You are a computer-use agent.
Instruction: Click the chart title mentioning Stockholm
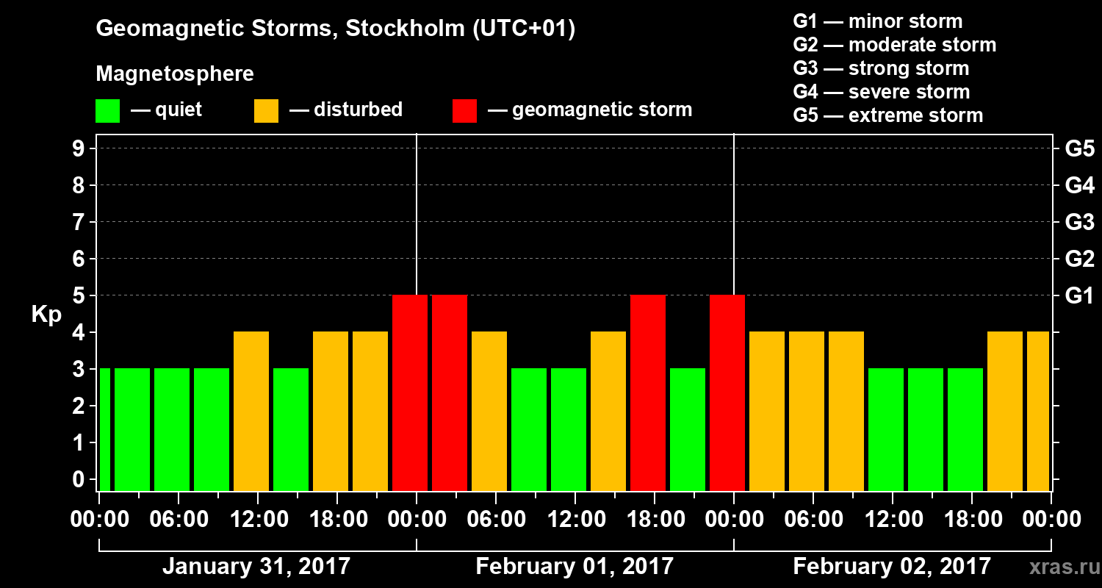click(x=336, y=29)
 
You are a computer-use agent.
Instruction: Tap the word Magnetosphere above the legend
click(x=175, y=74)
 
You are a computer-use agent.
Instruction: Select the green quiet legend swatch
click(x=107, y=111)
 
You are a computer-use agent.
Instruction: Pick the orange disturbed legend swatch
click(x=266, y=111)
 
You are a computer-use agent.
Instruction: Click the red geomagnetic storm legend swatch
click(x=464, y=111)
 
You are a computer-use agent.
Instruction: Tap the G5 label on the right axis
click(x=1079, y=148)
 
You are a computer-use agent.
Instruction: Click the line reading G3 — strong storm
click(x=881, y=68)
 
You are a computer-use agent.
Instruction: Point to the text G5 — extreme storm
click(x=887, y=115)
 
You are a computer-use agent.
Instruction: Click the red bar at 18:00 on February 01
click(x=648, y=392)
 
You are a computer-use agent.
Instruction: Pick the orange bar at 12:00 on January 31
click(x=251, y=411)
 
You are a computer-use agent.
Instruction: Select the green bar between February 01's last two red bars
click(x=688, y=429)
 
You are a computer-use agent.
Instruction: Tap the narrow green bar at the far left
click(x=104, y=429)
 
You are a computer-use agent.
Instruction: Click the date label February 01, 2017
click(x=575, y=567)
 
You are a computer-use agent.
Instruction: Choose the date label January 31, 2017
click(x=256, y=567)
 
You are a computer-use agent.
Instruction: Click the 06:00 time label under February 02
click(x=813, y=520)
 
